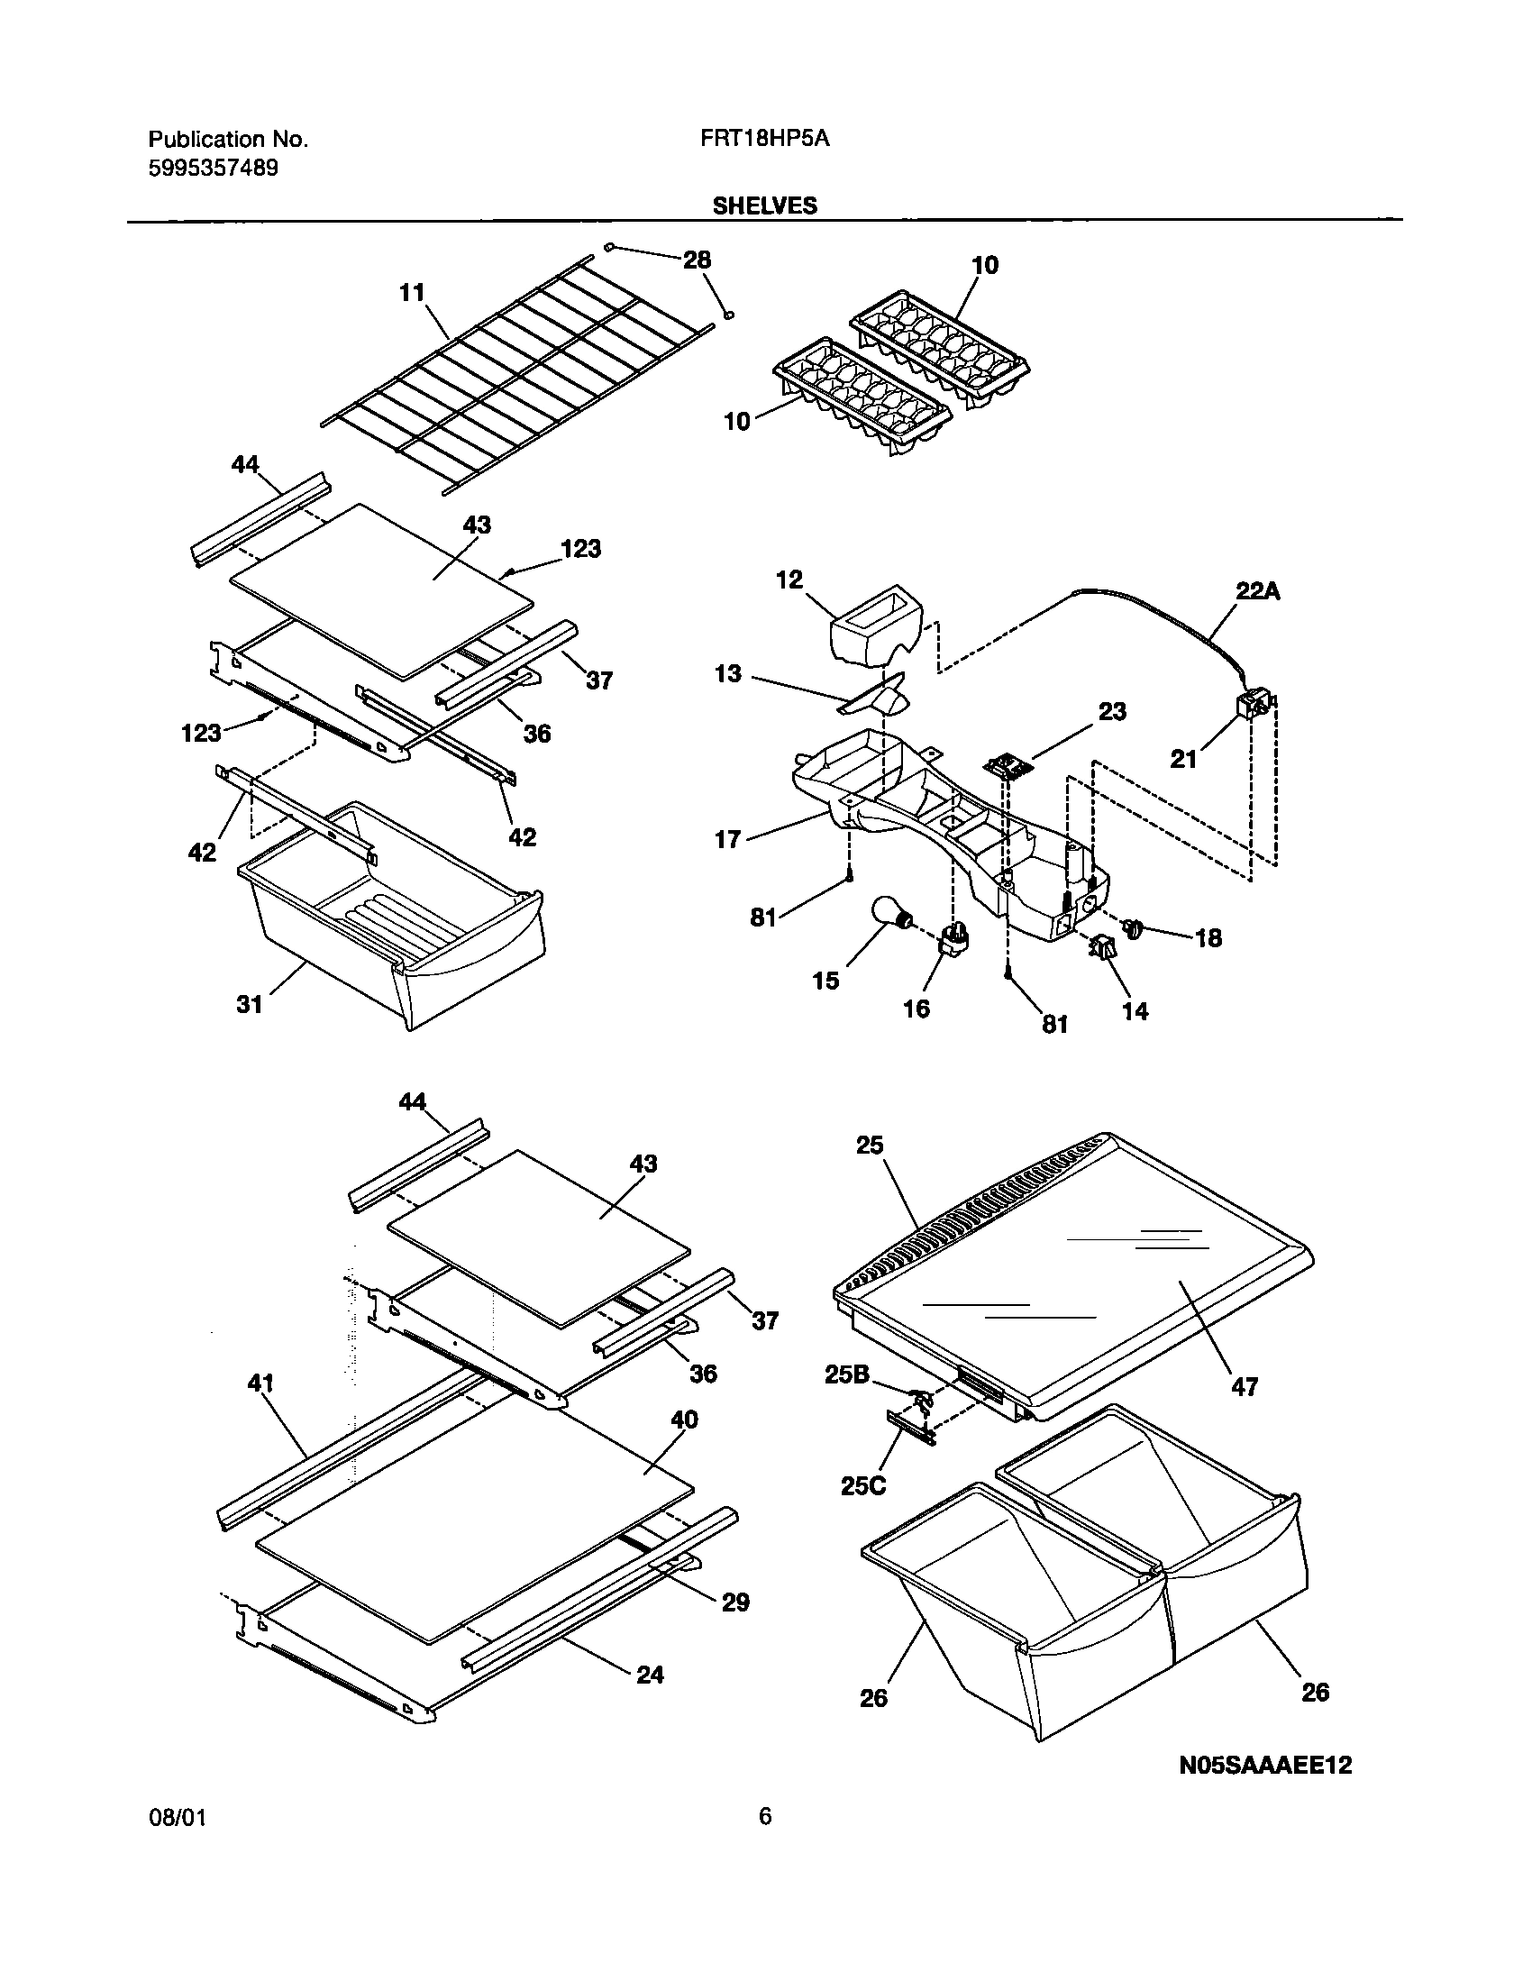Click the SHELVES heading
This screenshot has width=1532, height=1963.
click(764, 205)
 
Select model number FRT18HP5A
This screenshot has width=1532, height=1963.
click(763, 139)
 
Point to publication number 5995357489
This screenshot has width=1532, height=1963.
click(213, 168)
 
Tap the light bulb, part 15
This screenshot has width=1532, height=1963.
click(890, 914)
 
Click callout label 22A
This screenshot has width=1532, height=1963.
click(1257, 591)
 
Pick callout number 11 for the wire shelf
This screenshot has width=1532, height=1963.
click(412, 292)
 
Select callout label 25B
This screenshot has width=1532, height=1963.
click(846, 1374)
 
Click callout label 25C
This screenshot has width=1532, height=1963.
click(862, 1485)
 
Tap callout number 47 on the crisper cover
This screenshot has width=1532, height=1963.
click(1244, 1387)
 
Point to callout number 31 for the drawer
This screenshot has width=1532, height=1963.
click(249, 1003)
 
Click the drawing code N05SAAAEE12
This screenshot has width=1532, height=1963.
click(1265, 1790)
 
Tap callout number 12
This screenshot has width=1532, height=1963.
click(789, 580)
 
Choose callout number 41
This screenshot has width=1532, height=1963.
click(260, 1383)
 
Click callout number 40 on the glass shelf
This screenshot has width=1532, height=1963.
click(684, 1420)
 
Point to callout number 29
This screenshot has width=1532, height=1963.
click(735, 1602)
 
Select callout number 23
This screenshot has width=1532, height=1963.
click(1112, 711)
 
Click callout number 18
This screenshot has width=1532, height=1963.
click(1208, 937)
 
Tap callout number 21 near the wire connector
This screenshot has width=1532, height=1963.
click(1183, 759)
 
